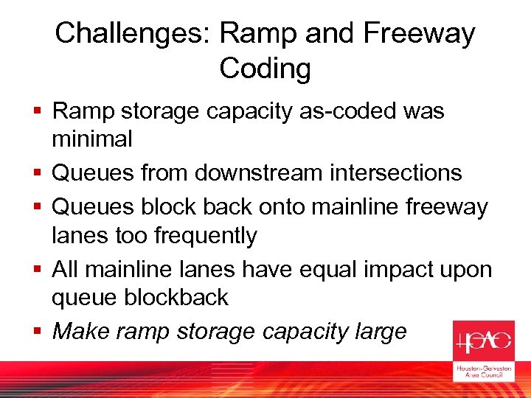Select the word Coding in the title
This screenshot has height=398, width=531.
(265, 69)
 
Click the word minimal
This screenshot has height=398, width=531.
(92, 139)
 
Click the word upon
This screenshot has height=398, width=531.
(468, 270)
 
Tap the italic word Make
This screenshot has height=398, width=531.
(80, 332)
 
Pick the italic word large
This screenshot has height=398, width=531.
(381, 332)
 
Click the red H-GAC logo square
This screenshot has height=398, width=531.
(482, 341)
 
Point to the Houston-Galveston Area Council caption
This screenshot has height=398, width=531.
(482, 371)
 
